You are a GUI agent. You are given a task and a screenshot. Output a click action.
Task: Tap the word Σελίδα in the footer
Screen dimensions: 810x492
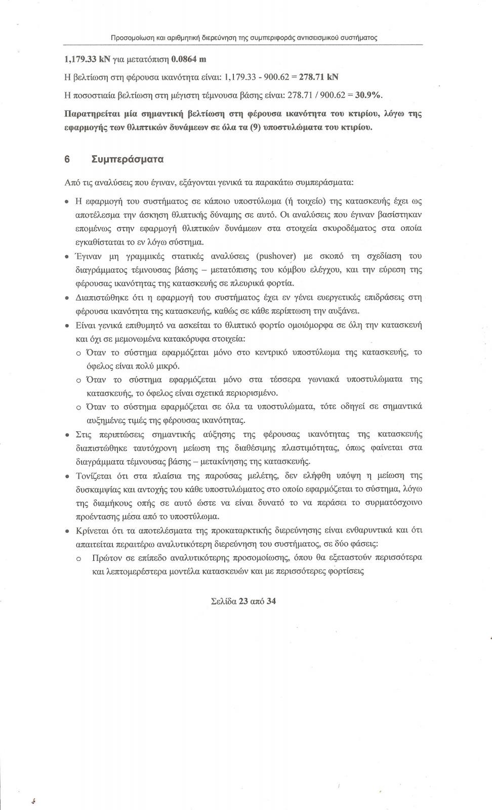[x=222, y=601]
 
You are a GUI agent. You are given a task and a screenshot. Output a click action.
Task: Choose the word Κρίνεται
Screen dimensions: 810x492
[x=92, y=531]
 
